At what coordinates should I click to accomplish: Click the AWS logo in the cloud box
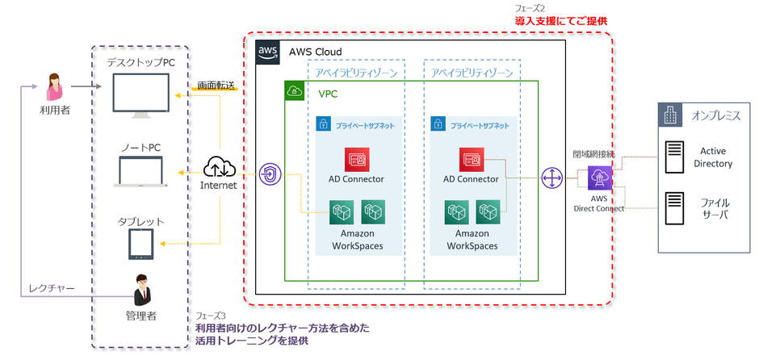[x=267, y=52]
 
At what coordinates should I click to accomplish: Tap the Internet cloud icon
[x=219, y=167]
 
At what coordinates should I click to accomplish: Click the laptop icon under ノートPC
[x=140, y=173]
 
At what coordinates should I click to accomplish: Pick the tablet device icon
[x=140, y=245]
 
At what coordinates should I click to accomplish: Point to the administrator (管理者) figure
[x=141, y=288]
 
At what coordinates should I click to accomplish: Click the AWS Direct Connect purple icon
[x=601, y=178]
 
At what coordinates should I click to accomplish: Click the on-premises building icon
[x=669, y=115]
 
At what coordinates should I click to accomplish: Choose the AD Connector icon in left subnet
[x=356, y=159]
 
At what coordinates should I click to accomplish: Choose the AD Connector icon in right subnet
[x=472, y=159]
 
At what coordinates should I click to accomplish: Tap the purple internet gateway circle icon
[x=270, y=175]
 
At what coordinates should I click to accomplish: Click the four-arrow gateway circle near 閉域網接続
[x=553, y=178]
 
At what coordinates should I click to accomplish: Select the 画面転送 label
[x=216, y=86]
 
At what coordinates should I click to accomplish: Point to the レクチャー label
[x=52, y=287]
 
